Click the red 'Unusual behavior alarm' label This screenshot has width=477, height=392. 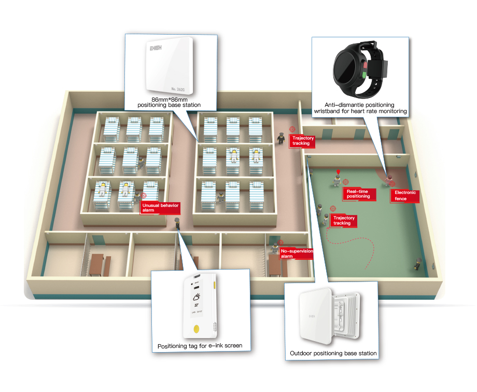160,208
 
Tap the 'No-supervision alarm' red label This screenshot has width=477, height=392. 296,254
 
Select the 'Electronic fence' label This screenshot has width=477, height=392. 405,195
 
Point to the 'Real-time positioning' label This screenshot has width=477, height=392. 358,194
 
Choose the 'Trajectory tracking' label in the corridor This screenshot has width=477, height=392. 303,141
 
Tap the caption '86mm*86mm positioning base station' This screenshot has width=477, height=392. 169,102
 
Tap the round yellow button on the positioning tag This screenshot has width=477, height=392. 197,328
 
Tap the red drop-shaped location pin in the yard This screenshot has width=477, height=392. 338,171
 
